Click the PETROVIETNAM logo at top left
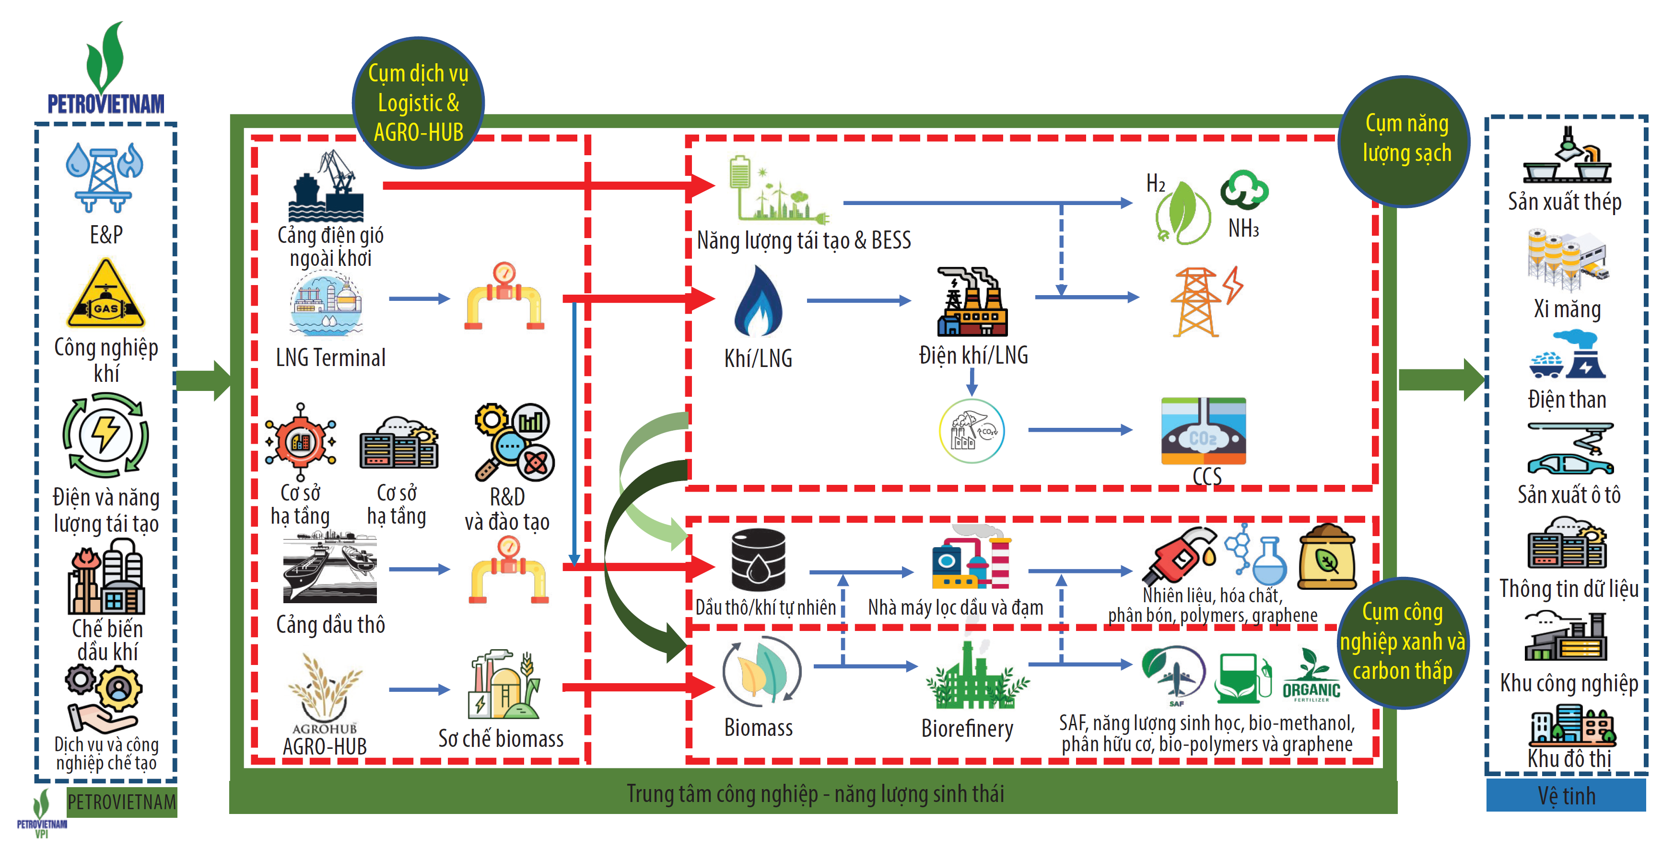tap(106, 68)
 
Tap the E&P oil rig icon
tap(105, 178)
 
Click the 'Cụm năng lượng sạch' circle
tap(1405, 140)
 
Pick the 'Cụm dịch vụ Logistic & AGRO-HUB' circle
tap(418, 103)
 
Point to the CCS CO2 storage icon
tap(1203, 431)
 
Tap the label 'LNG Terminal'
tap(330, 358)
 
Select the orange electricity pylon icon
tap(1205, 301)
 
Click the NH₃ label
tap(1243, 228)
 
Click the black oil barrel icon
tap(758, 560)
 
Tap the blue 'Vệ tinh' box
tap(1566, 796)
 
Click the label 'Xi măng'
tap(1567, 309)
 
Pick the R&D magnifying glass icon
tap(514, 442)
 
